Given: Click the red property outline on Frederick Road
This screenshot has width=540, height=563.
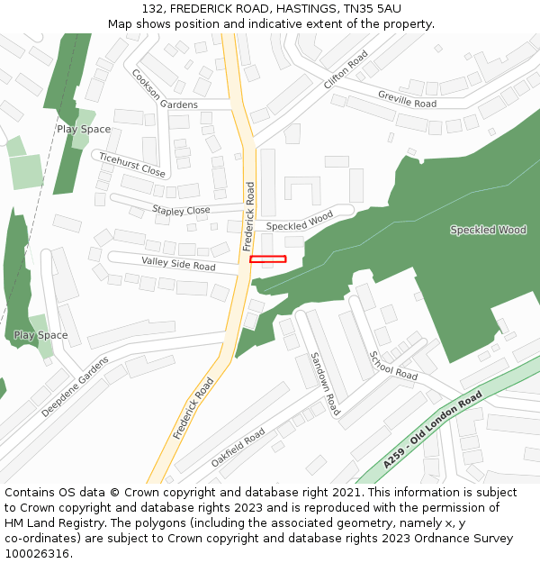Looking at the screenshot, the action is [x=267, y=259].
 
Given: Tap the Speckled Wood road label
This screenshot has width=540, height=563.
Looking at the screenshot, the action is [x=300, y=220].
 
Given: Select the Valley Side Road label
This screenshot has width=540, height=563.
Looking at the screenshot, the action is [x=178, y=263].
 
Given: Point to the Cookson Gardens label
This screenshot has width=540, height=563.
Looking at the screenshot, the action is [x=164, y=89].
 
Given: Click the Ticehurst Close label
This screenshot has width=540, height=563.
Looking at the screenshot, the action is [x=132, y=164].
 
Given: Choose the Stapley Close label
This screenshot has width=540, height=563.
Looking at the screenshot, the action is [x=181, y=210].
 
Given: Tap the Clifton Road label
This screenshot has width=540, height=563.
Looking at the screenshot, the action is [x=346, y=69].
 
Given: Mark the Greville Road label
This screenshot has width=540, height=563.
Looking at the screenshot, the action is [x=407, y=98].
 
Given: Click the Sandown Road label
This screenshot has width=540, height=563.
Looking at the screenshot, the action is [x=324, y=378].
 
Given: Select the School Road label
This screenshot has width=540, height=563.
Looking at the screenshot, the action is [x=393, y=364].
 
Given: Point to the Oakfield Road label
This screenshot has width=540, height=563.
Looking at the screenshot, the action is [x=238, y=447].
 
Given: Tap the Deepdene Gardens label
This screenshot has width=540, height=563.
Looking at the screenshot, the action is [x=75, y=386].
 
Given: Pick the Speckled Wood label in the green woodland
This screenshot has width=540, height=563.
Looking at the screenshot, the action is [x=488, y=230].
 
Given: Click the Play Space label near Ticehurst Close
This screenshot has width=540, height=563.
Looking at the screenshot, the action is [x=84, y=129].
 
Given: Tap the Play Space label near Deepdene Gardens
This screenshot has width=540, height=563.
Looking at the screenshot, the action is [x=40, y=335].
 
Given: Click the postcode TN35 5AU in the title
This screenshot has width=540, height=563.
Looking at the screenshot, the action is [x=372, y=8].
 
